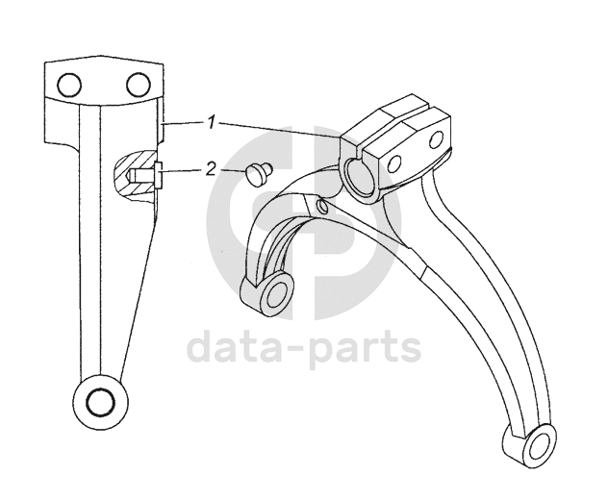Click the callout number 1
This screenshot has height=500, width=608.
pyautogui.click(x=210, y=122)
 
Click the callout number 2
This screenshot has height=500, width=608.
pyautogui.click(x=211, y=169)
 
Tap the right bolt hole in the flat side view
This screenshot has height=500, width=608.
pyautogui.click(x=138, y=85)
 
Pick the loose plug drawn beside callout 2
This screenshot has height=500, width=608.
pyautogui.click(x=257, y=173)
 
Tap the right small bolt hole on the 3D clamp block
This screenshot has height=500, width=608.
pyautogui.click(x=435, y=141)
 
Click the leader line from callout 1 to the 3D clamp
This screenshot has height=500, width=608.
pyautogui.click(x=279, y=130)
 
